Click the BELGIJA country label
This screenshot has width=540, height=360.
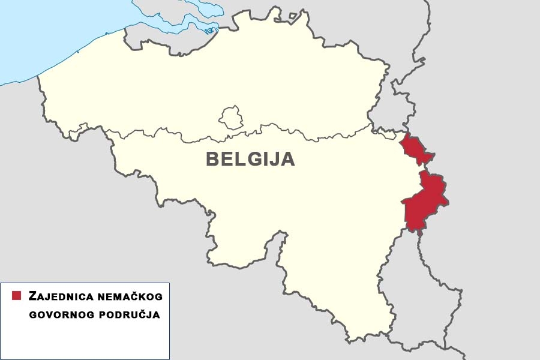(x=250, y=159)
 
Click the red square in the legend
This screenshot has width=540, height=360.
(x=17, y=296)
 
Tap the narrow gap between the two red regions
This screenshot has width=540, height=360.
(x=424, y=167)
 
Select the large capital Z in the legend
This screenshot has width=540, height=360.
(x=32, y=296)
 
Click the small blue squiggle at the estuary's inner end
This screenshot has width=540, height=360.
(x=209, y=31)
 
